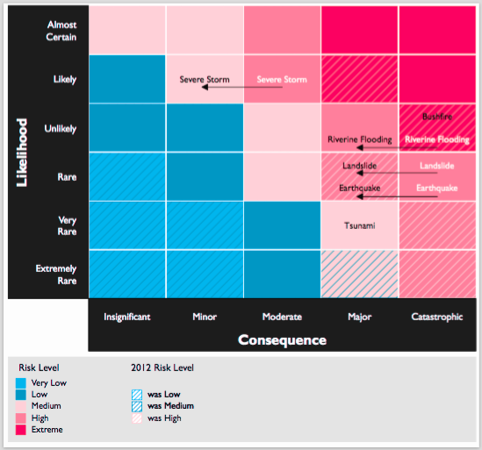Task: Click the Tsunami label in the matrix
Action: pyautogui.click(x=359, y=225)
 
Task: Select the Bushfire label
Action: pyautogui.click(x=437, y=117)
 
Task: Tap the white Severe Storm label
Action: pyautogui.click(x=282, y=80)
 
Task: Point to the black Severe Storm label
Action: pyautogui.click(x=205, y=80)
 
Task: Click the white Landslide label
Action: pyautogui.click(x=437, y=166)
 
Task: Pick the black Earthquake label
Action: pyautogui.click(x=360, y=188)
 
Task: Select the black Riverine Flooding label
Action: pyautogui.click(x=360, y=139)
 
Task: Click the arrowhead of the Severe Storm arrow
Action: pyautogui.click(x=205, y=87)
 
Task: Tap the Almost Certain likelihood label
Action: pyautogui.click(x=61, y=31)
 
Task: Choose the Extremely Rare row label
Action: pyautogui.click(x=56, y=275)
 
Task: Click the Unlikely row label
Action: pyautogui.click(x=61, y=128)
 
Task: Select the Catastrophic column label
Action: pyautogui.click(x=437, y=317)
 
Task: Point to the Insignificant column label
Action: pyautogui.click(x=127, y=317)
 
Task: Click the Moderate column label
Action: pyautogui.click(x=282, y=317)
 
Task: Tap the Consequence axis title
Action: pyautogui.click(x=282, y=340)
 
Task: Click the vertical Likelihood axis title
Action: pyautogui.click(x=22, y=153)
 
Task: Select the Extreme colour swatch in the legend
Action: pyautogui.click(x=21, y=430)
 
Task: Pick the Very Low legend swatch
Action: pyautogui.click(x=21, y=383)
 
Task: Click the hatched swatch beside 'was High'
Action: pyautogui.click(x=137, y=418)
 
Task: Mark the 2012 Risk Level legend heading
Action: pyautogui.click(x=162, y=368)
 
